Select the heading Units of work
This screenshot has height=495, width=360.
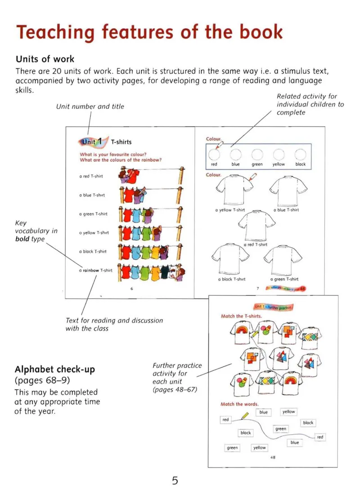point(45,59)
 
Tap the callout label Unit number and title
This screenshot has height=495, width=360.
point(90,107)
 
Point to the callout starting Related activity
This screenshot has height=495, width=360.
point(310,104)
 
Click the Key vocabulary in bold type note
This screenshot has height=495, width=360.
point(36,231)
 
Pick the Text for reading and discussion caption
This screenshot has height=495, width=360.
point(114,324)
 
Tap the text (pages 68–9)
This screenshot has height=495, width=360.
point(42,380)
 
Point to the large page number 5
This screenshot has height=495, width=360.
point(175,481)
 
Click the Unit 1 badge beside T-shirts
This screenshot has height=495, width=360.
point(91,142)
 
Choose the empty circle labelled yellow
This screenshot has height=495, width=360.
point(279,154)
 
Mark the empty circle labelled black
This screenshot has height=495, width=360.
point(300,154)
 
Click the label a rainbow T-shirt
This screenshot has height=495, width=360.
point(95,270)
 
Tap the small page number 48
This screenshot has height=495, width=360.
point(273,457)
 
